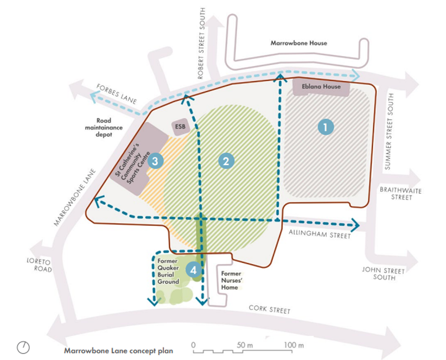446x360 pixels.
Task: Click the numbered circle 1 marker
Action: point(325,127)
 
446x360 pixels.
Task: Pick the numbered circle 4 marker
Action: point(194,269)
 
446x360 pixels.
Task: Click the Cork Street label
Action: point(269,310)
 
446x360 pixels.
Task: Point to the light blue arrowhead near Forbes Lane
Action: point(95,98)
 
